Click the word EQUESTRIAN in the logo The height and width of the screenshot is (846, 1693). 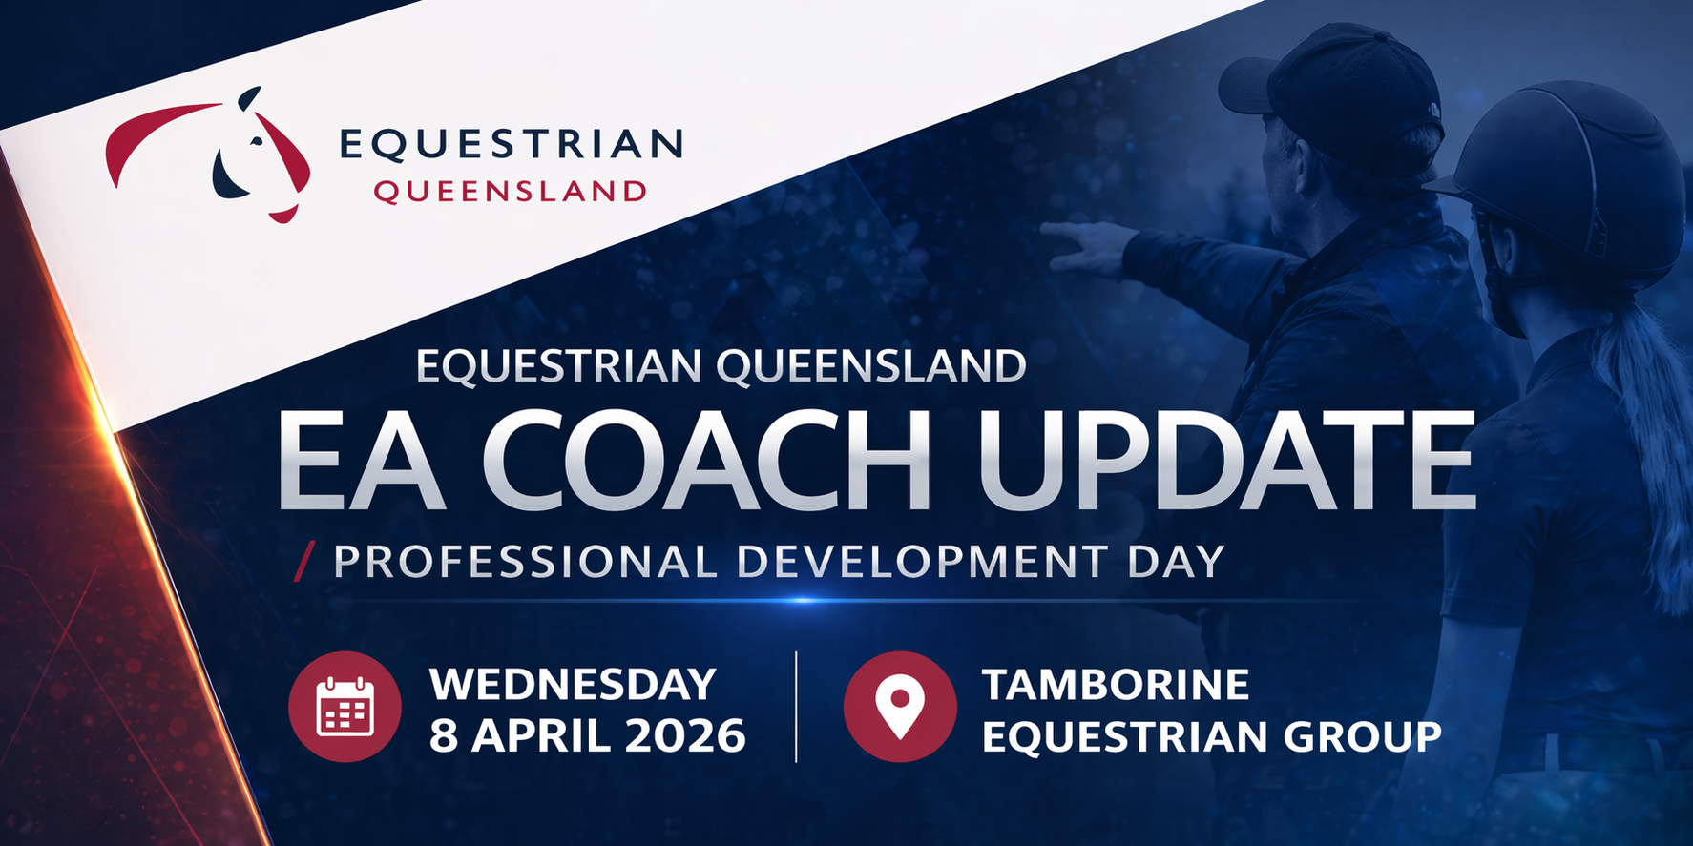coord(511,144)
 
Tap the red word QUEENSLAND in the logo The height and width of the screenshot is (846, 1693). coord(510,192)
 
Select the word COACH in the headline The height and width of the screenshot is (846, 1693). coord(712,461)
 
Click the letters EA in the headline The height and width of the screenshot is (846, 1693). coord(362,461)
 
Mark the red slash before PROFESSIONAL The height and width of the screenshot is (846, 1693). coord(303,562)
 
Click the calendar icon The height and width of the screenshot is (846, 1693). coord(345,707)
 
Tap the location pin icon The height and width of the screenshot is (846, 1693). coord(900,707)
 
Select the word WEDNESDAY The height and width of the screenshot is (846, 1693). coord(573,685)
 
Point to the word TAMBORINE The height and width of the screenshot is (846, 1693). coord(1116,685)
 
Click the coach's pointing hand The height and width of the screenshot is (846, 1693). coord(1088,247)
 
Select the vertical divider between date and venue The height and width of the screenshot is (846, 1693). coord(796,707)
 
